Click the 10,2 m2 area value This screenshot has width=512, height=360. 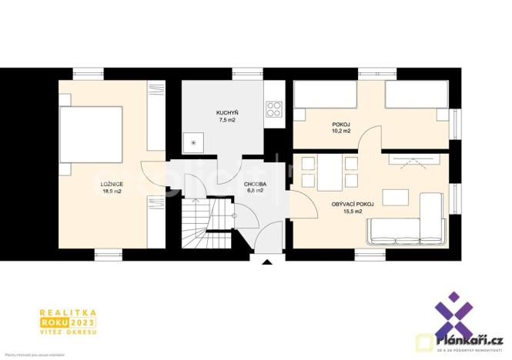(x=342, y=131)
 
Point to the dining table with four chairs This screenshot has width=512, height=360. (x=329, y=172)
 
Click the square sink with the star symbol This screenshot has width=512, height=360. (x=194, y=142)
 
